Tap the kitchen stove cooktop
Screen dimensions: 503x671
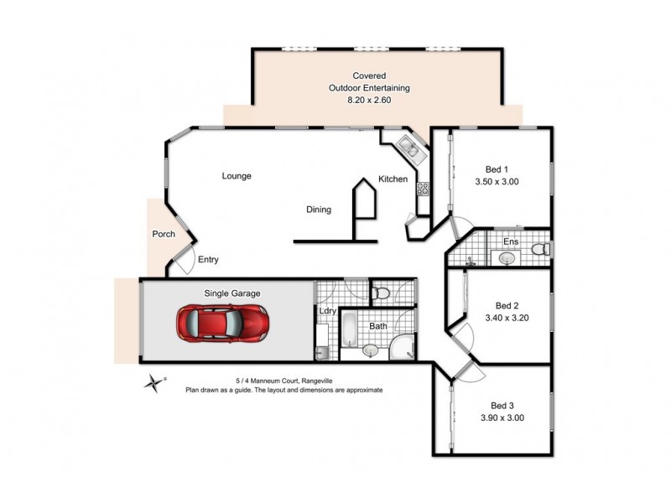[x=423, y=189]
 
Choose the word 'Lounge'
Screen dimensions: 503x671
[x=237, y=176]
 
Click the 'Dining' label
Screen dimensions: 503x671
[x=318, y=210]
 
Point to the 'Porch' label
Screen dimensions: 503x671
[x=163, y=234]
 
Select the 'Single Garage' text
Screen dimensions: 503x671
[x=232, y=293]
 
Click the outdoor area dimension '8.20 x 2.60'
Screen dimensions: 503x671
[x=370, y=100]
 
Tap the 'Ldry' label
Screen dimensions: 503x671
[x=327, y=312]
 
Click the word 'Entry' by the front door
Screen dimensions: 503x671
[x=208, y=260]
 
